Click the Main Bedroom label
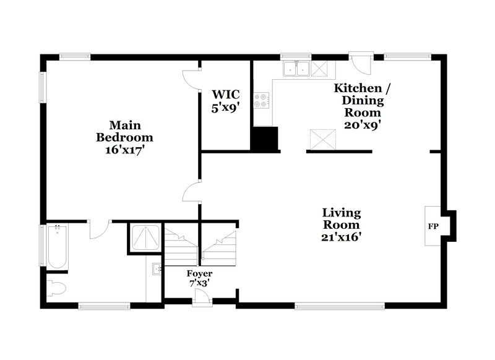[124, 131]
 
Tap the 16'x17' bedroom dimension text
[124, 149]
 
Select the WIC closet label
[225, 95]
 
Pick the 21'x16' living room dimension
[341, 236]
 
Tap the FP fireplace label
[433, 226]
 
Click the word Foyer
[200, 273]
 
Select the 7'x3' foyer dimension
[200, 283]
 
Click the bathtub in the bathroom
[58, 247]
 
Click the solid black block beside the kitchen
[264, 139]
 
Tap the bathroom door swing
[99, 229]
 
